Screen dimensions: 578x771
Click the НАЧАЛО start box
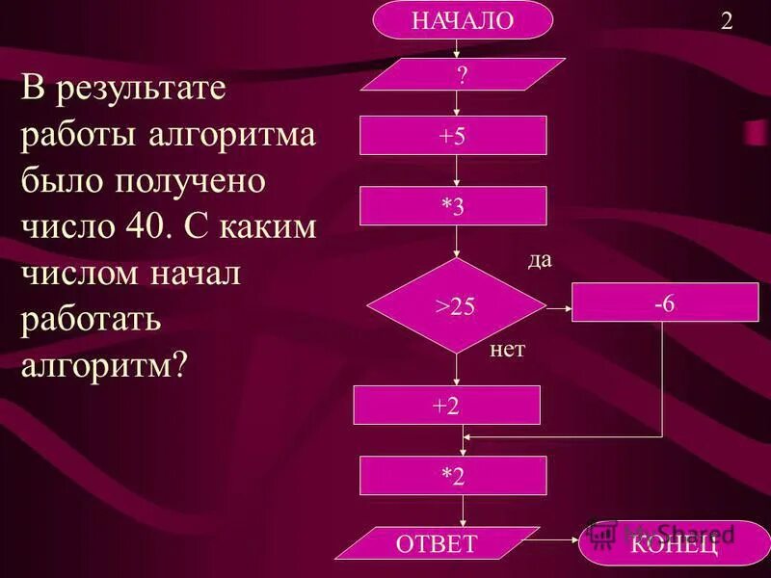463,20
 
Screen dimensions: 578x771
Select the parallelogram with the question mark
463,76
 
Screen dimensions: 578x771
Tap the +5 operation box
453,136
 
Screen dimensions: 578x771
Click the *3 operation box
453,206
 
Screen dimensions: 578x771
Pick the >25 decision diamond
456,306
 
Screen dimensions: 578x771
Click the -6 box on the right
664,302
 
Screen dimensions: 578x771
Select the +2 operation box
446,406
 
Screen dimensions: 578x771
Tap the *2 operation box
453,476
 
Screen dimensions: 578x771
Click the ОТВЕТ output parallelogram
438,542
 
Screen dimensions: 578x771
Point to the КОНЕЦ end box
675,542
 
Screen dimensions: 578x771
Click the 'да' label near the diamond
540,261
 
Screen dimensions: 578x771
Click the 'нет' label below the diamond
508,350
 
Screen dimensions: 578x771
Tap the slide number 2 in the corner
727,22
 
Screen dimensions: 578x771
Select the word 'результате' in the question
141,92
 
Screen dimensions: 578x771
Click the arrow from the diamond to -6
558,307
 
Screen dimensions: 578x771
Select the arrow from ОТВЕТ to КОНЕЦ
559,542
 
